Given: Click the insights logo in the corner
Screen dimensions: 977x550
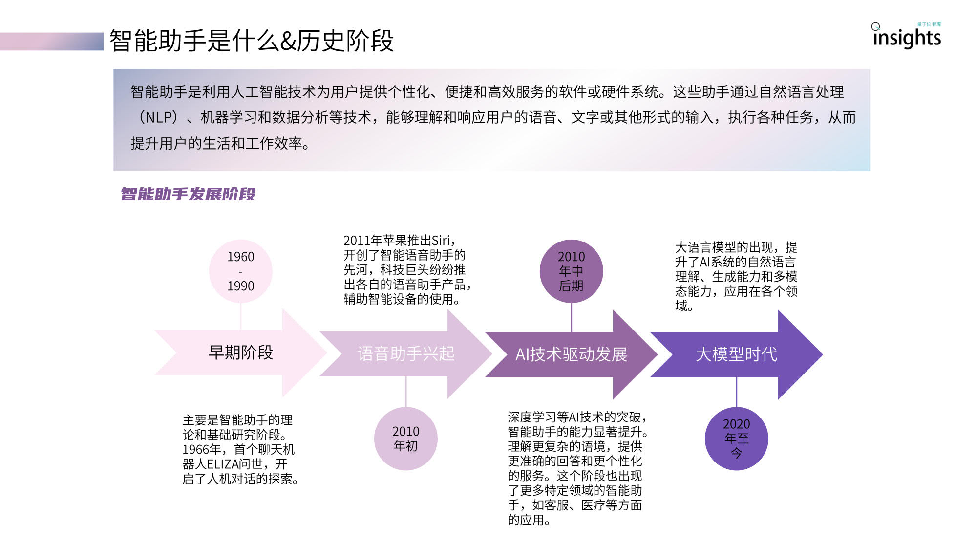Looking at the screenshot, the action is tap(907, 35).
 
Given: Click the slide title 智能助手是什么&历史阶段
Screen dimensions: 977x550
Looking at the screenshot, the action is tap(252, 41).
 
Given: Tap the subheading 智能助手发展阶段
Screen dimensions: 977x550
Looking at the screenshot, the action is tap(188, 194).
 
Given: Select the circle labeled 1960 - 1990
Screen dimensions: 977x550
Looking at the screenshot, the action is tap(241, 271).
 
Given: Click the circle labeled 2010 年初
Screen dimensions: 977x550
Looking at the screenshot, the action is tap(406, 439).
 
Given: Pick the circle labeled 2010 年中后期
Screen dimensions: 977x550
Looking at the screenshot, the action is tap(572, 271).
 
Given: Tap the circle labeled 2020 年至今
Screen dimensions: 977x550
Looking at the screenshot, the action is tap(737, 439).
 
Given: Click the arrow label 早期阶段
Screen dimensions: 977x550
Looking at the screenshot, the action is tap(241, 352).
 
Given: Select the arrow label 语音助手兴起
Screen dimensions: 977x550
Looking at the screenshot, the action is tap(406, 353).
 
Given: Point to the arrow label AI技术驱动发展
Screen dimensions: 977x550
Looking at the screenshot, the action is tap(572, 354).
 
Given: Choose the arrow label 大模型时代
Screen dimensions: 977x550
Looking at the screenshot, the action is tap(737, 354).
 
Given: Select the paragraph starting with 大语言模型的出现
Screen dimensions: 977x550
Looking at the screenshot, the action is tap(737, 276).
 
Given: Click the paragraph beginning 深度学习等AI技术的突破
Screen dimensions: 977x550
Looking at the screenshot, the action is tap(578, 468).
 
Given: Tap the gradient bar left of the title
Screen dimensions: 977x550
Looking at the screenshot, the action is tap(52, 41).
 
